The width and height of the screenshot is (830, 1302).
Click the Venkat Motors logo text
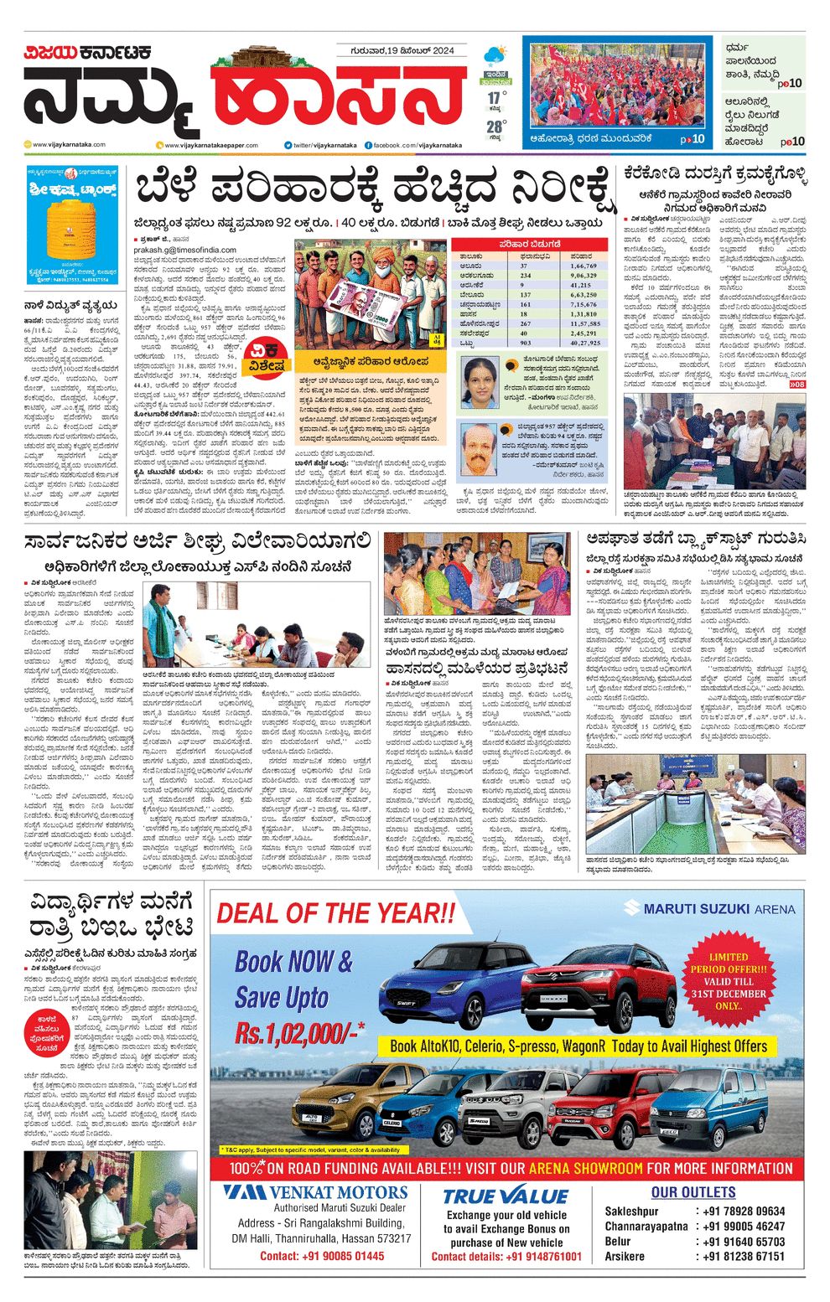(316, 1192)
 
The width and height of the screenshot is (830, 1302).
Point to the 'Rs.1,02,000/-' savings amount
(300, 1033)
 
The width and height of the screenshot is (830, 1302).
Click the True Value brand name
(506, 1196)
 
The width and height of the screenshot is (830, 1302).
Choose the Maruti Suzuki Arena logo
(709, 908)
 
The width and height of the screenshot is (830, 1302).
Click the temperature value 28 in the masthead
(495, 127)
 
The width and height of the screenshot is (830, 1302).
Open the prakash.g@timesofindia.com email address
(184, 250)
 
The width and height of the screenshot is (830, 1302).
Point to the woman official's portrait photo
(480, 382)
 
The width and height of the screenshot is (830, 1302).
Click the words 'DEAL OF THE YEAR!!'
(336, 912)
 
